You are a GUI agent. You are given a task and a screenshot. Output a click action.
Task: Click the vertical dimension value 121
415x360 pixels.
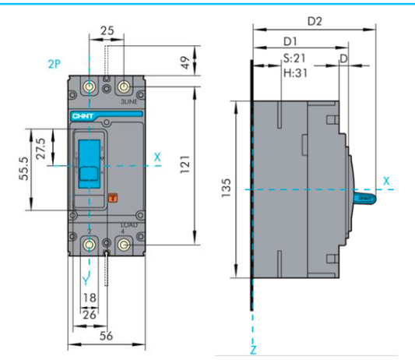[x=185, y=165]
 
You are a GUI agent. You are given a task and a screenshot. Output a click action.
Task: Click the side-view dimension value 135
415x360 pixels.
[x=224, y=189]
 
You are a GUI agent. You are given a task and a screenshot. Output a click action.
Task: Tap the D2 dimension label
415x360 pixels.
[x=315, y=22]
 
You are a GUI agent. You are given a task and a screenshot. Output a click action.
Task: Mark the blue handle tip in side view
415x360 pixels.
[x=366, y=198]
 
